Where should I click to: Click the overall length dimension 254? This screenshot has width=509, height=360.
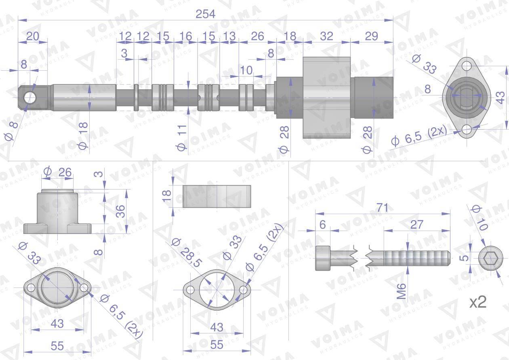tap(205, 14)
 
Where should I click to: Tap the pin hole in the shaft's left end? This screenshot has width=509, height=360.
tap(30, 98)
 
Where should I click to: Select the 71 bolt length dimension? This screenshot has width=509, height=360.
tap(382, 208)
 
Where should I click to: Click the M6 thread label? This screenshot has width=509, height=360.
tap(402, 291)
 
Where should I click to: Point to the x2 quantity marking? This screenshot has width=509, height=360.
tap(478, 302)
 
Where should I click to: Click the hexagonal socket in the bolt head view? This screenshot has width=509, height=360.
tap(489, 259)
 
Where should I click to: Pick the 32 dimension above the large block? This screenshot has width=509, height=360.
tap(326, 36)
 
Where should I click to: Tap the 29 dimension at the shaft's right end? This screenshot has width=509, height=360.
tap(371, 36)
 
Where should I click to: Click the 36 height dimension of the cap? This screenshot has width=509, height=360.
tap(121, 211)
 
